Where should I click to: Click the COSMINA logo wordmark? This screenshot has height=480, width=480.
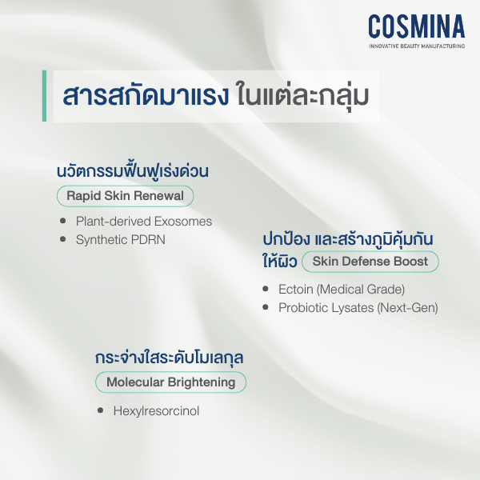click(416, 26)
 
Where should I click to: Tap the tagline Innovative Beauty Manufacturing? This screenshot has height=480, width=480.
click(416, 47)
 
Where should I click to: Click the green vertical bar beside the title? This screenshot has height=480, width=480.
click(45, 96)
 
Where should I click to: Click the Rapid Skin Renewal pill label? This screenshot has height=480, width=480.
click(125, 196)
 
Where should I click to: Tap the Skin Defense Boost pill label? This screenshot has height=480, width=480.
click(370, 262)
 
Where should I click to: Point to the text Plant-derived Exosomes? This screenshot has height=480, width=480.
click(144, 221)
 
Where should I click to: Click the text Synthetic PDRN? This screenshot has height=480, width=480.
click(120, 238)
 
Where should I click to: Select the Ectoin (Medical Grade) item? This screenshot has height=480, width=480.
click(342, 289)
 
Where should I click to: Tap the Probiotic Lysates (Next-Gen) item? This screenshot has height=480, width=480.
click(358, 307)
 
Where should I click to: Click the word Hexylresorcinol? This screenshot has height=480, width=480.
click(157, 411)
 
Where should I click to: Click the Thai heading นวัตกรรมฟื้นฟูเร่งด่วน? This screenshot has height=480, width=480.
click(138, 171)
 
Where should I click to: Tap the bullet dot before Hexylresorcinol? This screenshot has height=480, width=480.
click(101, 411)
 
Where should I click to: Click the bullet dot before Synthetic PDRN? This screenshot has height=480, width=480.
click(63, 238)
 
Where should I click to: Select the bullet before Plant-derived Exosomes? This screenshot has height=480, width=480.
click(63, 221)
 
